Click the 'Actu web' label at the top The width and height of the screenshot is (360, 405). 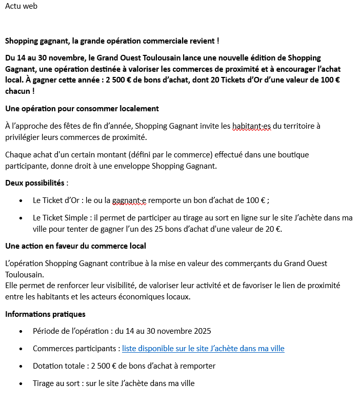pyautogui.click(x=21, y=6)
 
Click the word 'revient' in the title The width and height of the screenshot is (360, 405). pyautogui.click(x=202, y=40)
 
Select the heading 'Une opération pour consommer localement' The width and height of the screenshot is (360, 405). pyautogui.click(x=82, y=109)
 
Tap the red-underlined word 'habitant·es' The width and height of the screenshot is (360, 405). pyautogui.click(x=251, y=126)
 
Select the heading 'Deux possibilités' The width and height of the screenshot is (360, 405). pyautogui.click(x=35, y=183)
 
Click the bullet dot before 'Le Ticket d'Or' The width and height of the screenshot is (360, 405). pyautogui.click(x=21, y=200)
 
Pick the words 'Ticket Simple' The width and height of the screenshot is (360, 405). pyautogui.click(x=67, y=218)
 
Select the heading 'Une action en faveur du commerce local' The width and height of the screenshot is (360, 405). pyautogui.click(x=75, y=246)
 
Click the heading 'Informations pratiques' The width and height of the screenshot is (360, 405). pyautogui.click(x=45, y=314)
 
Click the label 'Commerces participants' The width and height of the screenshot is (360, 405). pyautogui.click(x=74, y=349)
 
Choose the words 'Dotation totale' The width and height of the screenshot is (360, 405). pyautogui.click(x=58, y=366)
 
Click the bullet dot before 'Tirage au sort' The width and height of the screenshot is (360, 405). pyautogui.click(x=21, y=383)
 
